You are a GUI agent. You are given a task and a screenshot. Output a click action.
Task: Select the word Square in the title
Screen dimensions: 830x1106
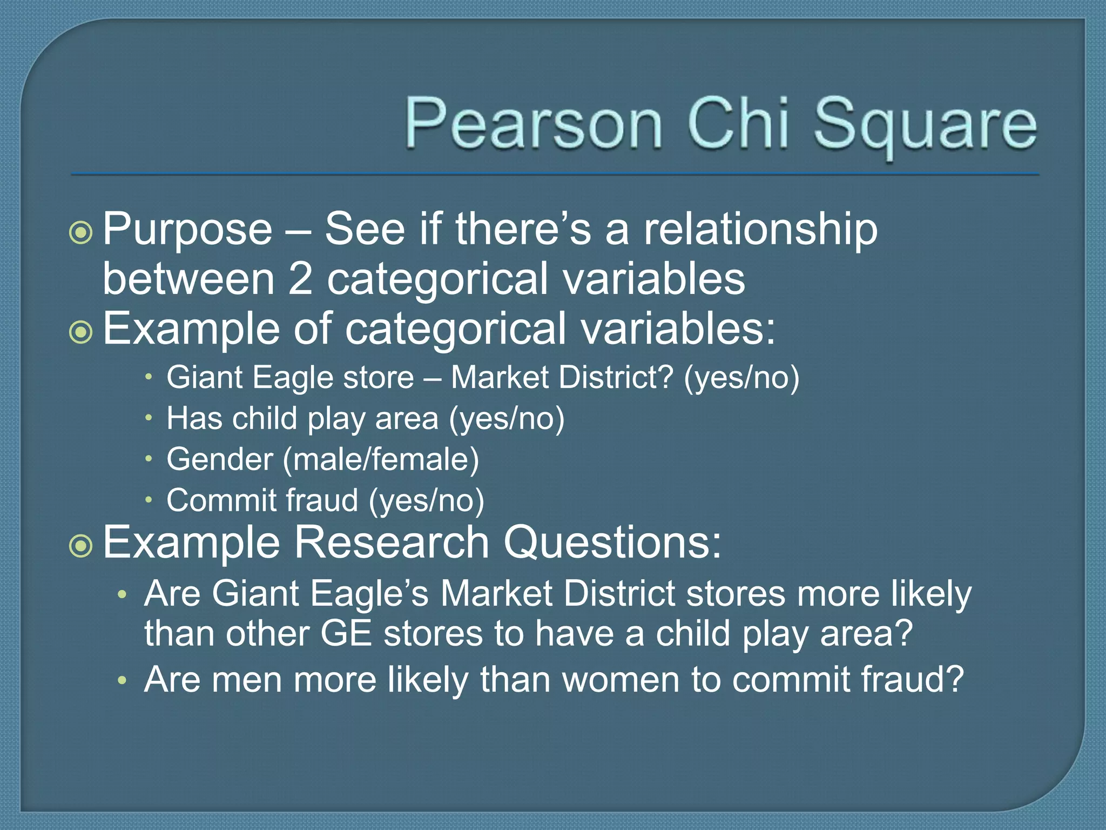click(x=925, y=125)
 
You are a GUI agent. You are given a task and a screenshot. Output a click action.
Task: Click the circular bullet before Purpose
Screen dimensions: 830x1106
click(x=82, y=232)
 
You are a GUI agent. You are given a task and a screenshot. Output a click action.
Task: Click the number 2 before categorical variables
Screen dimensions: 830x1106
click(x=300, y=279)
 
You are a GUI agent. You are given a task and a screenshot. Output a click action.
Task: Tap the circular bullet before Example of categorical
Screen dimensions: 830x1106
click(x=82, y=332)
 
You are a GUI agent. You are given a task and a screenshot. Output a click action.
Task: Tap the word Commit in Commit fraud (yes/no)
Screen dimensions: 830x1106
click(x=221, y=500)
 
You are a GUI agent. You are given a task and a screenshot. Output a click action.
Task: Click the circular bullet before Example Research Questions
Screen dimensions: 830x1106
click(x=82, y=546)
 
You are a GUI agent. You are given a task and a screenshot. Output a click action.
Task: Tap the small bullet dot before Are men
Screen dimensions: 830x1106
click(x=123, y=680)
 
